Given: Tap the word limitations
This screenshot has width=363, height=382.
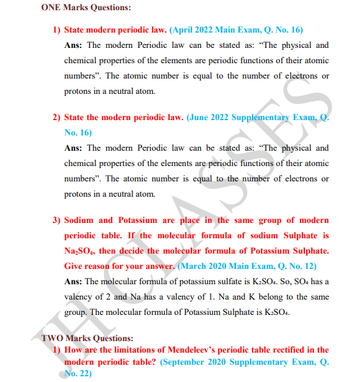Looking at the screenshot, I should coord(145,349).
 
